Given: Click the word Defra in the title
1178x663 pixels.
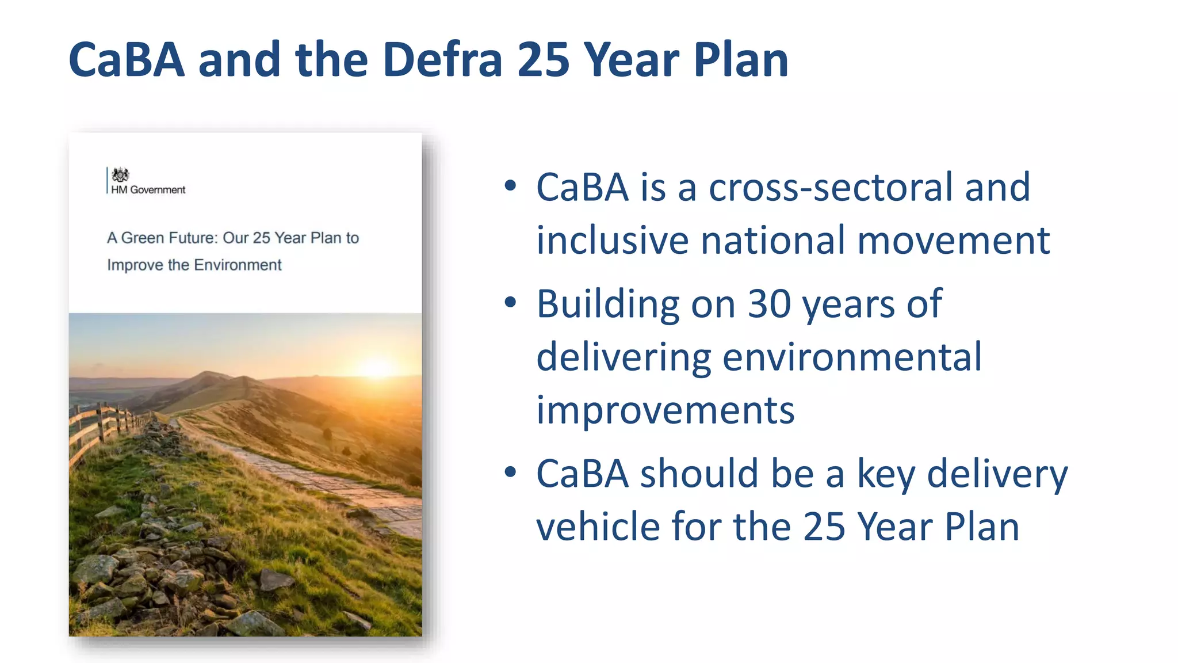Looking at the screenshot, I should pyautogui.click(x=442, y=60).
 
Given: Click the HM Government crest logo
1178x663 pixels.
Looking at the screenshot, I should pyautogui.click(x=120, y=174).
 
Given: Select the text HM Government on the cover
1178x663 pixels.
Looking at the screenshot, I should pyautogui.click(x=148, y=190).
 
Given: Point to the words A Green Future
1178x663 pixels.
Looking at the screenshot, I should pyautogui.click(x=162, y=238).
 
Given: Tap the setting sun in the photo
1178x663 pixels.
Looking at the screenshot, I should pyautogui.click(x=377, y=367).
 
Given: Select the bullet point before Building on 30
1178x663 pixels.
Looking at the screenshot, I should pyautogui.click(x=510, y=302).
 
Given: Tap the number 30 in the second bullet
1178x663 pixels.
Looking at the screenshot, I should pyautogui.click(x=769, y=304).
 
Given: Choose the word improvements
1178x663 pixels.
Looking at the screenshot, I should pyautogui.click(x=665, y=411).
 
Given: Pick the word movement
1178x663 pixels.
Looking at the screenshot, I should pyautogui.click(x=953, y=241).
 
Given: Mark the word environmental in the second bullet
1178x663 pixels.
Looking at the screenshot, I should pyautogui.click(x=852, y=357).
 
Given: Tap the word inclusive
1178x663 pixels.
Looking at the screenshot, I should pyautogui.click(x=613, y=241).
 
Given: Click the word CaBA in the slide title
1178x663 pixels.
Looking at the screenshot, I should pyautogui.click(x=127, y=60).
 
